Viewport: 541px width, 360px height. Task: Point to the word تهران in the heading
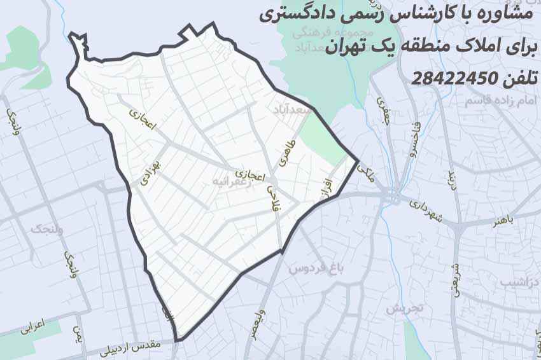pos(348,47)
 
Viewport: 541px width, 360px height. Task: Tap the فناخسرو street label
pos(415,139)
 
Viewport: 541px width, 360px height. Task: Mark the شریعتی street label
pos(454,279)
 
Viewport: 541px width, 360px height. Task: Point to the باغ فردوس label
pos(316,268)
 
